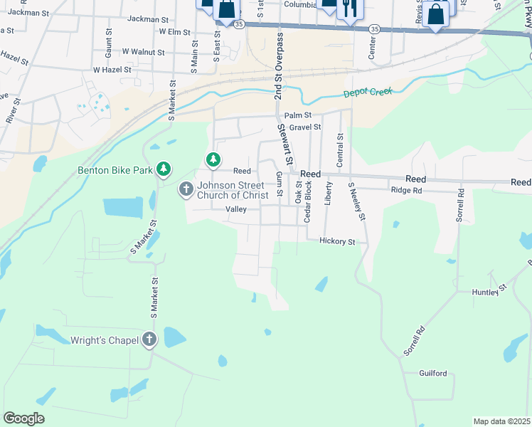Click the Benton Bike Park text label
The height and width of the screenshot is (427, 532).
(116, 170)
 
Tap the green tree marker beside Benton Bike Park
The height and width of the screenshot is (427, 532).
(164, 169)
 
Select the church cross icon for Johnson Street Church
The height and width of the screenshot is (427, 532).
(186, 189)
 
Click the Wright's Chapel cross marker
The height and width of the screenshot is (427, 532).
(149, 339)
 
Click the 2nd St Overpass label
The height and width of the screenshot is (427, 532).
(279, 66)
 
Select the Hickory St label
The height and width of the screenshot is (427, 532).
(337, 242)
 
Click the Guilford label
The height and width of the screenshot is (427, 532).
(433, 374)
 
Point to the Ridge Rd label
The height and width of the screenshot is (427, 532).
(407, 191)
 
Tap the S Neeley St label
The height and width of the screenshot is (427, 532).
(356, 202)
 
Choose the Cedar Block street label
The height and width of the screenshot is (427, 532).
(308, 201)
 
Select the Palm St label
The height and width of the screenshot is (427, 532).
(298, 115)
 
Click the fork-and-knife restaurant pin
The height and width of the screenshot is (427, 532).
(349, 9)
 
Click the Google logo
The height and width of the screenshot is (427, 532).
(23, 418)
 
